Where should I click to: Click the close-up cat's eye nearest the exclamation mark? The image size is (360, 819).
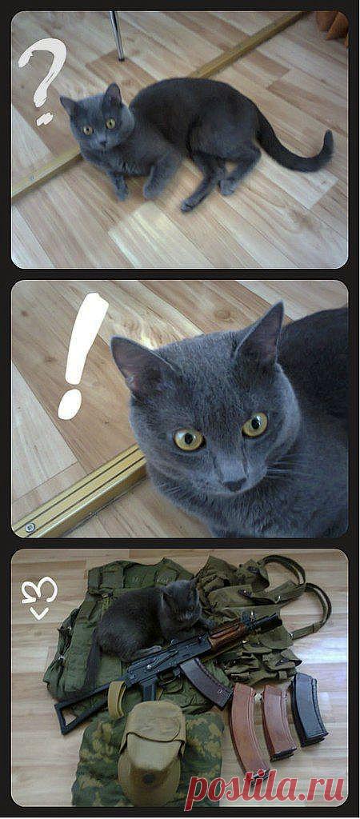[189, 440]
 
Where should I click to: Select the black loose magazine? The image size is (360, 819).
[309, 709]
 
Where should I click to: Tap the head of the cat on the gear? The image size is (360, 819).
[180, 604]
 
